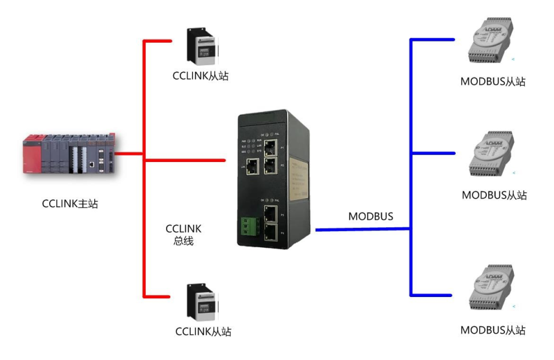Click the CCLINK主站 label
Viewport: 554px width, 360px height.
pyautogui.click(x=70, y=204)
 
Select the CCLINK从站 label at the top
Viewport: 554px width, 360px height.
pyautogui.click(x=200, y=76)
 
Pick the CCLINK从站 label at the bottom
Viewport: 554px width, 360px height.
pyautogui.click(x=203, y=331)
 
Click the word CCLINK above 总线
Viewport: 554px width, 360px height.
pyautogui.click(x=183, y=229)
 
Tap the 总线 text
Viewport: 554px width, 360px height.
pyautogui.click(x=183, y=241)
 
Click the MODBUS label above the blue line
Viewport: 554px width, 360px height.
pyautogui.click(x=371, y=216)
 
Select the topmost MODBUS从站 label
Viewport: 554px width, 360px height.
pyautogui.click(x=493, y=82)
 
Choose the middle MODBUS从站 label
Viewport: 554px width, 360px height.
pyautogui.click(x=494, y=195)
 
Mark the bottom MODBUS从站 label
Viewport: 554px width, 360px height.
pyautogui.click(x=493, y=330)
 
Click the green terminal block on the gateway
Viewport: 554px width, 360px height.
pyautogui.click(x=248, y=227)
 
